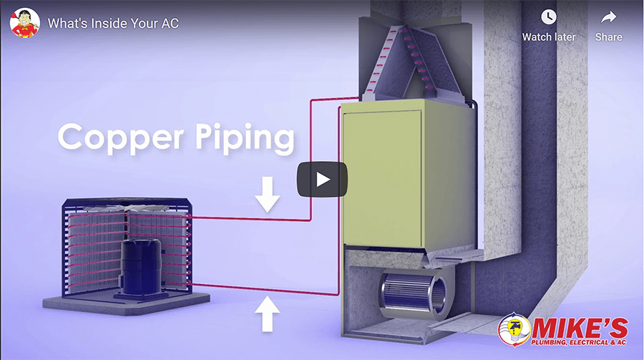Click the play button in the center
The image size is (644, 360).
322,180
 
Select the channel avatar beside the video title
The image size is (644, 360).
24,23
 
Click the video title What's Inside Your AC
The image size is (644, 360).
113,23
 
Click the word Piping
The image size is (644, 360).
243,137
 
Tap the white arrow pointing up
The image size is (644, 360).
268,314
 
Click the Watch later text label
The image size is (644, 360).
549,37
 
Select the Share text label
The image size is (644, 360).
608,37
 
